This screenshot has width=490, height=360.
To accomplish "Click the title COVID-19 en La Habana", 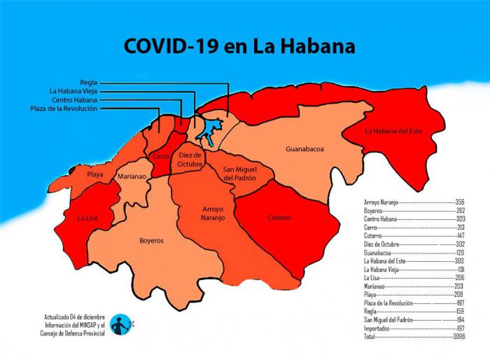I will point(239,46).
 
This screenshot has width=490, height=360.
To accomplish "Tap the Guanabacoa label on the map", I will point(304,149).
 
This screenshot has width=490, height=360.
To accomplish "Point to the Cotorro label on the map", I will point(279,218).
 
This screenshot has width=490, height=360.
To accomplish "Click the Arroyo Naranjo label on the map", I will point(213,214).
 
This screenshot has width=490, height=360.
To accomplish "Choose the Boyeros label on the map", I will point(150,240).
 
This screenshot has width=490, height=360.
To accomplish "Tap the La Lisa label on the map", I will point(87,219).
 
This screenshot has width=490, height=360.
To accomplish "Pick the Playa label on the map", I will point(95,174).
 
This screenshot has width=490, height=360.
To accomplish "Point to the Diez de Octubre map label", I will point(190,159).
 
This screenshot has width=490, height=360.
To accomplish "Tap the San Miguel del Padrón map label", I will point(239,174).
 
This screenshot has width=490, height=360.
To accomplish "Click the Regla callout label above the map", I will point(88,82).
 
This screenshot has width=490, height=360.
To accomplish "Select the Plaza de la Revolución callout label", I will point(64,109).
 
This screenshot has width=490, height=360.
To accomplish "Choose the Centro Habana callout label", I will point(73,99).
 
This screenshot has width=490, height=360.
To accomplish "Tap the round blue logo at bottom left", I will point(120,324).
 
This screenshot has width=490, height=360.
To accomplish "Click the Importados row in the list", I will point(409,328).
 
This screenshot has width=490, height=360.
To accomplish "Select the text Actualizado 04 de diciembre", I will point(74,316).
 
